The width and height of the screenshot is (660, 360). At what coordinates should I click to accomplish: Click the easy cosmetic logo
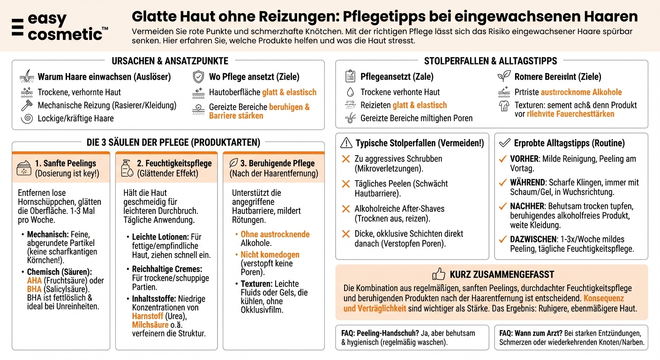tap(60, 27)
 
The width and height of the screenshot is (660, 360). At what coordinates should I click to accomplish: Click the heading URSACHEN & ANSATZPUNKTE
tap(170, 61)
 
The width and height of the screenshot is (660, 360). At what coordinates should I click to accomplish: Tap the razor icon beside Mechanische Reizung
tap(26, 105)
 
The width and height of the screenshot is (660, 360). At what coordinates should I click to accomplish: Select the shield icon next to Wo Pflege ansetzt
tap(199, 77)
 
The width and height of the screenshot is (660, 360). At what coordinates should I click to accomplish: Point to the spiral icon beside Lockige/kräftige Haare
tap(26, 118)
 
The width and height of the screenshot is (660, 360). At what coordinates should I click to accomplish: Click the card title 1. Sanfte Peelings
tap(65, 163)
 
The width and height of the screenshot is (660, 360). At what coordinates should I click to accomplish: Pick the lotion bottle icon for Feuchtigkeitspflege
tap(126, 168)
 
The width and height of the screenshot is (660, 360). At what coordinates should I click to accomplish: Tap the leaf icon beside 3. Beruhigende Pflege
tap(233, 163)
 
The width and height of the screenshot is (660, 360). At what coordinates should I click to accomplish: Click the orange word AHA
tap(34, 281)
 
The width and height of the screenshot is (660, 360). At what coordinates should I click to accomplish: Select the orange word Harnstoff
tap(147, 316)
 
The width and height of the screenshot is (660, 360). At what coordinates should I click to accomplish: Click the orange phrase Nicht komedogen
tap(270, 255)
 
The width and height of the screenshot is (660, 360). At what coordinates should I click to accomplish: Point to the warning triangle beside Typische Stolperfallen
tap(346, 143)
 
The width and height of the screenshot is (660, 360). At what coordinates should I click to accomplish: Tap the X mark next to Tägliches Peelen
tap(346, 184)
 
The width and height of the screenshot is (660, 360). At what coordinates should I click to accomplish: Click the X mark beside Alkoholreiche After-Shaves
tap(346, 209)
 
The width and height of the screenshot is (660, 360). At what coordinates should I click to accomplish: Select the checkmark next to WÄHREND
tap(502, 182)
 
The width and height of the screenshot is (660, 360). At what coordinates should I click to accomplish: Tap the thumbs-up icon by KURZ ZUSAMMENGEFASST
tap(438, 274)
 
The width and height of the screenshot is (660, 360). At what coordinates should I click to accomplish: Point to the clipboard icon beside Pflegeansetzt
tap(350, 76)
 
